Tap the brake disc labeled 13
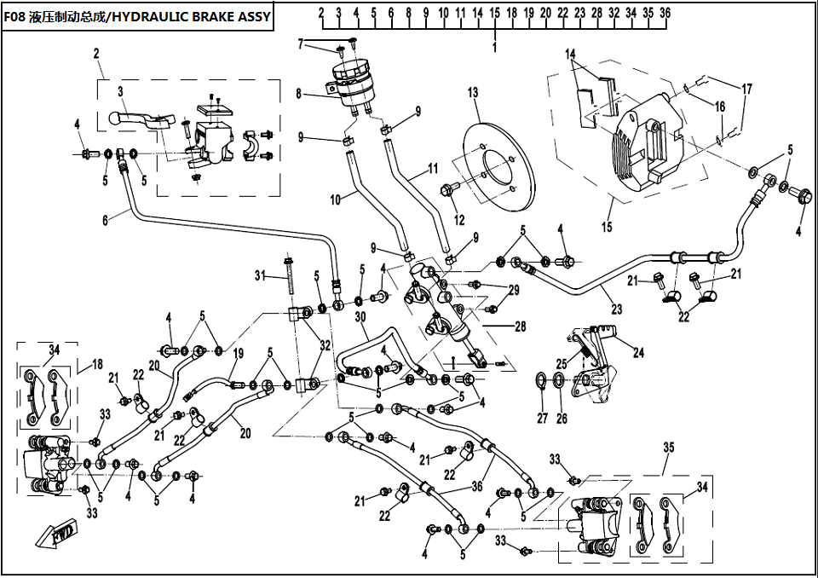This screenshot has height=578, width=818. coord(500,166)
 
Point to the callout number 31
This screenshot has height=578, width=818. coord(261,275)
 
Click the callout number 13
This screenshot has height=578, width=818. coord(473,93)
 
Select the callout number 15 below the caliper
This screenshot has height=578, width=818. coord(607,227)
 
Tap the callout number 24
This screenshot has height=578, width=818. coord(638,353)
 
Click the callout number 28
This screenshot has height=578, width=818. coord(520,327)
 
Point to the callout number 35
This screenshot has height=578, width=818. coord(669,447)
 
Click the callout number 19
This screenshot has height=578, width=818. coord(238,354)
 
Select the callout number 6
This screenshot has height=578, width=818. coord(106,220)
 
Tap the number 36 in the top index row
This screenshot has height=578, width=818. coord(665,13)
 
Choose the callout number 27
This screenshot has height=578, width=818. coord(543,418)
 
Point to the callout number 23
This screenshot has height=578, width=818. coord(617,309)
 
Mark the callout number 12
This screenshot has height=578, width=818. coord(459,220)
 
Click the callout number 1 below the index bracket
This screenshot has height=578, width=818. coord(494,48)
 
